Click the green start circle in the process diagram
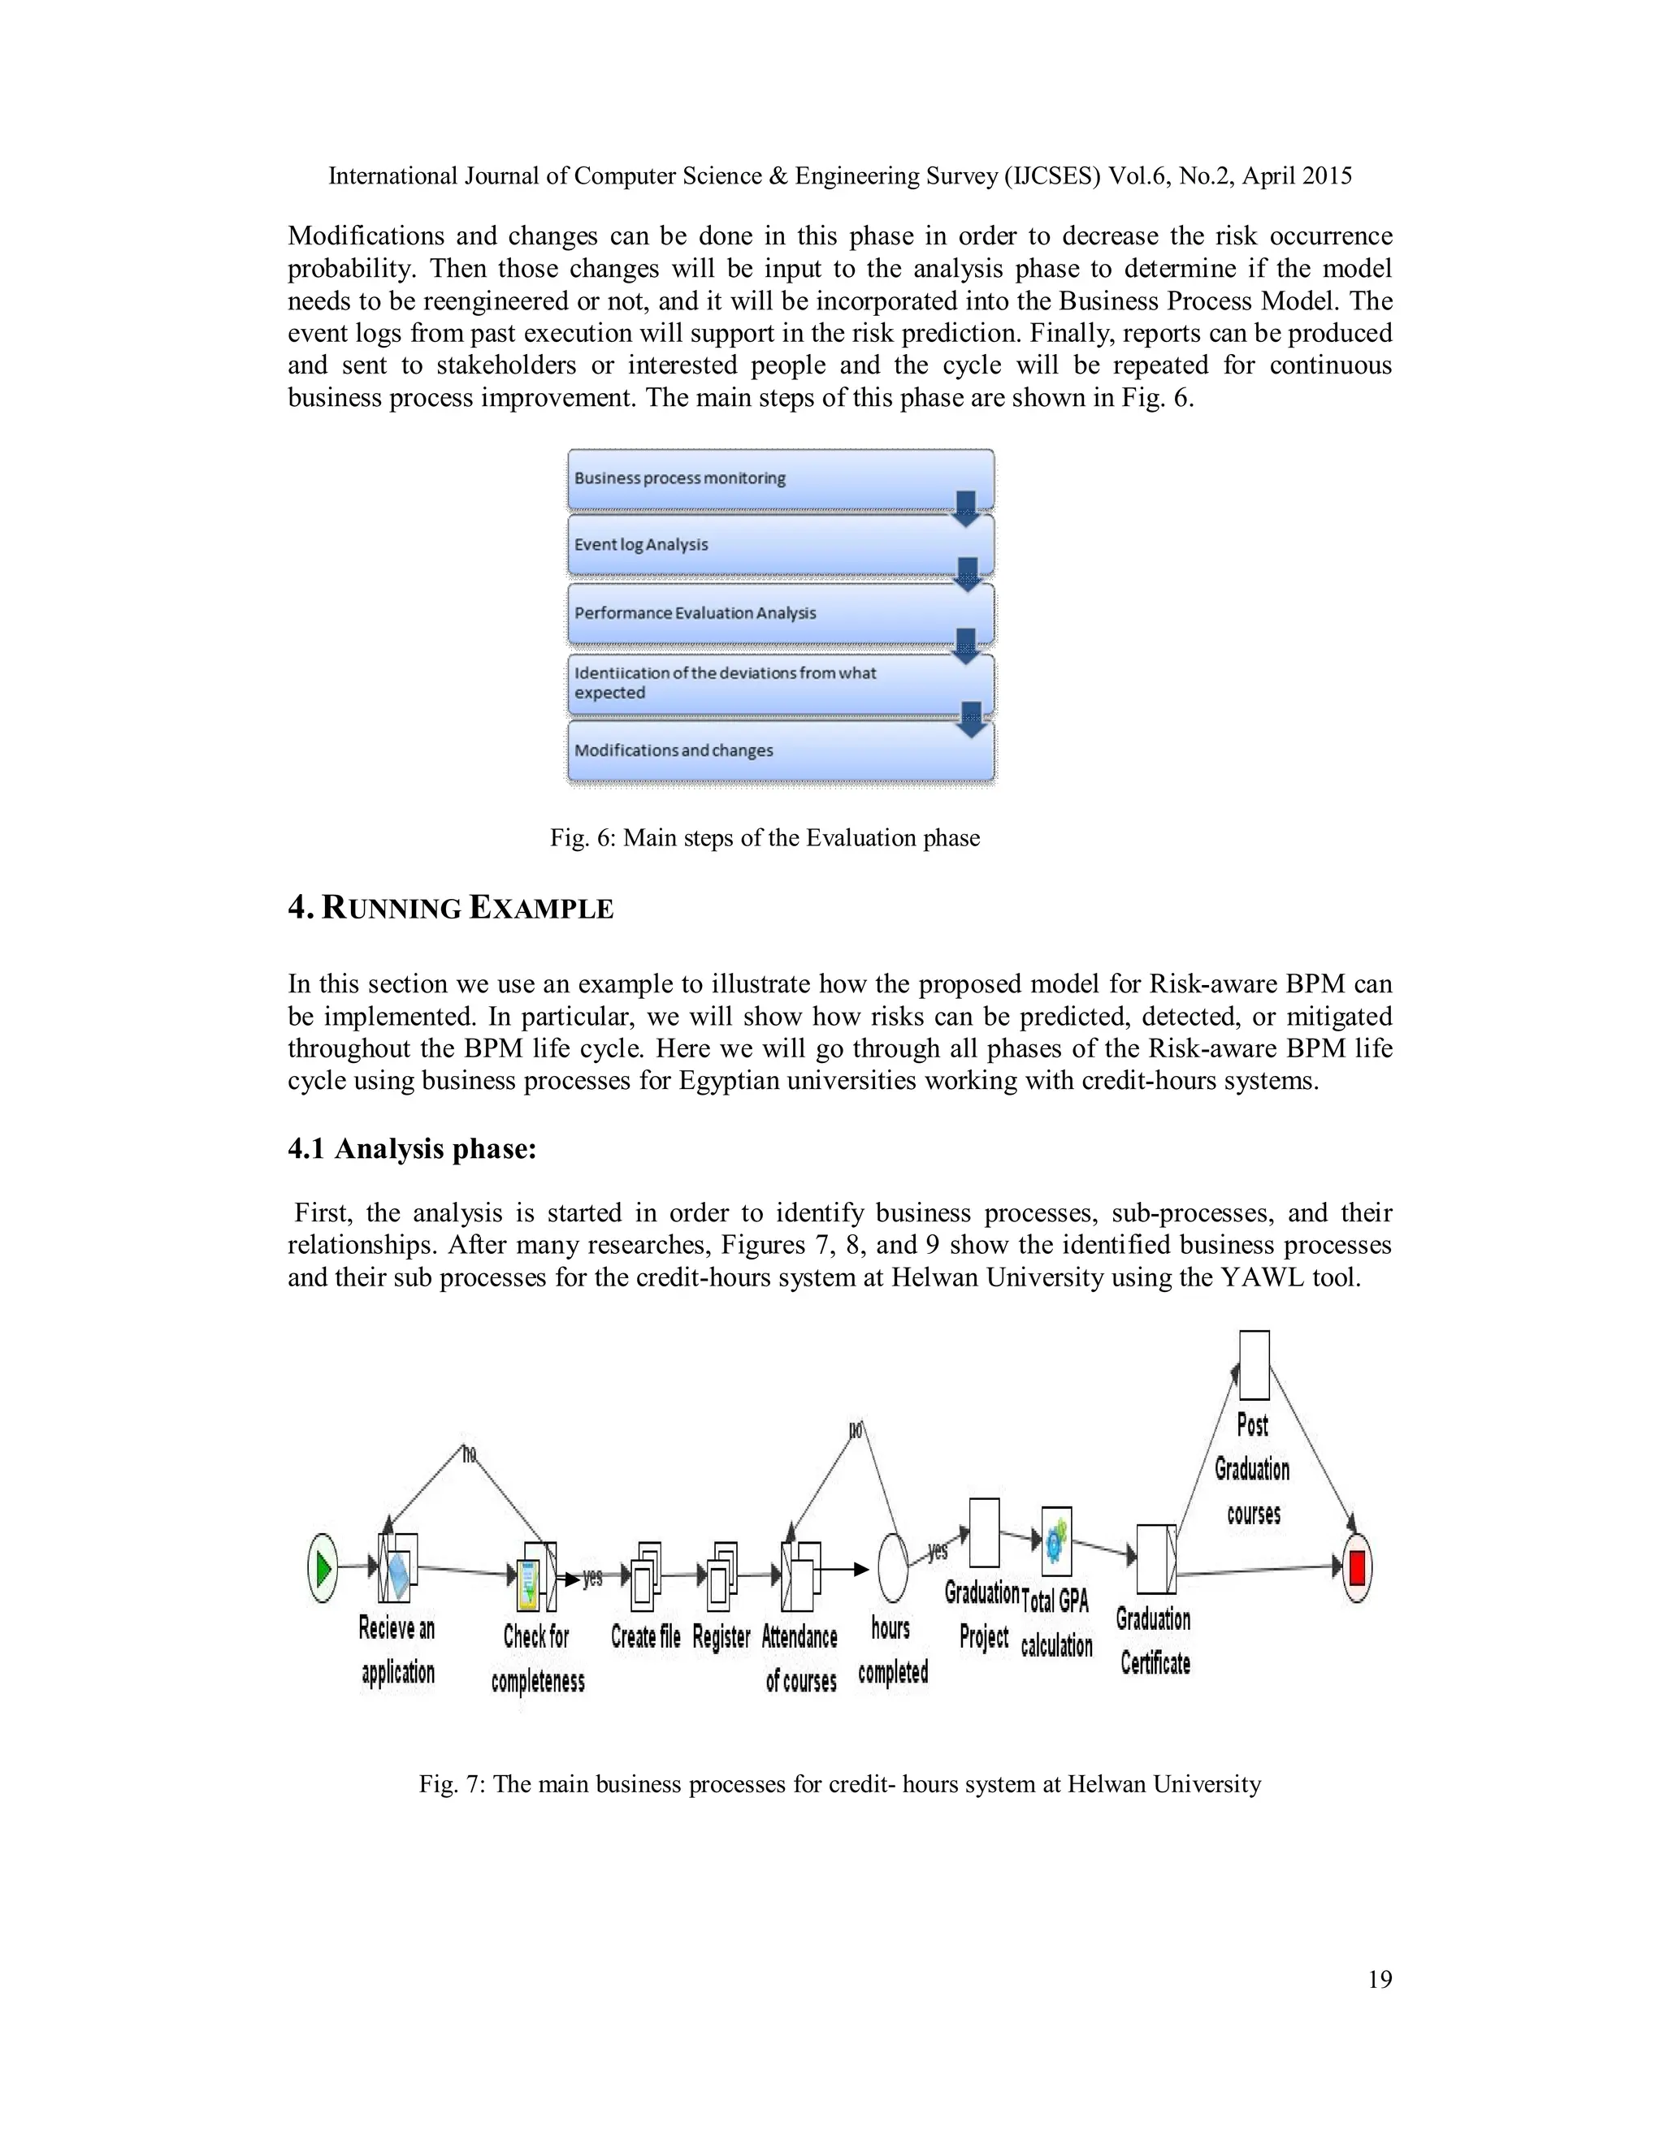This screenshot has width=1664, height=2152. click(x=323, y=1566)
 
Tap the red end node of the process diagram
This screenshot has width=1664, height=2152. click(x=1356, y=1566)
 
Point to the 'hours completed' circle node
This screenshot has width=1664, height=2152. click(x=892, y=1566)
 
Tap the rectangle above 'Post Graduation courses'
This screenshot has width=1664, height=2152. click(x=1254, y=1365)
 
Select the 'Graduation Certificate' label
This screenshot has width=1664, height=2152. click(x=1155, y=1640)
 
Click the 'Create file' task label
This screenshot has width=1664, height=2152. click(x=646, y=1636)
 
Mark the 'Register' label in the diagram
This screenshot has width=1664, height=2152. click(x=721, y=1636)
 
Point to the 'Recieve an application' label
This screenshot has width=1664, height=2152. click(x=397, y=1649)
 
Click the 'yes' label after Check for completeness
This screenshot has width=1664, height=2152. click(x=592, y=1579)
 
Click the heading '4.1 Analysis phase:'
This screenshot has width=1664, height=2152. click(x=411, y=1149)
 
